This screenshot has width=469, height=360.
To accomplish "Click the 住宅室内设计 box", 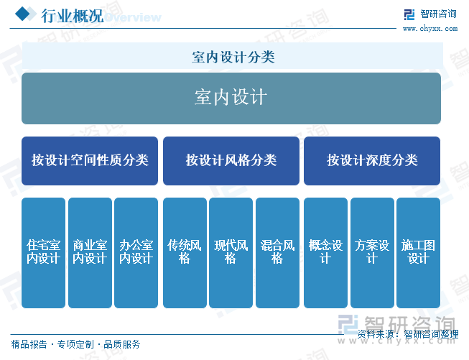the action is click(x=43, y=252).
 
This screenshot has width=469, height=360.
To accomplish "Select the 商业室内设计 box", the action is click(x=90, y=252).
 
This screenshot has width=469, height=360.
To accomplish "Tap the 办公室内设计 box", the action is click(x=136, y=252).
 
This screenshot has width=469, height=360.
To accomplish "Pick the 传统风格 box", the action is click(x=185, y=252).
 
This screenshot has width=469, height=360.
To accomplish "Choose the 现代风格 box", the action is click(x=231, y=252).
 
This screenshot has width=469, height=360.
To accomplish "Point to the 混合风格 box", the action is click(x=277, y=252).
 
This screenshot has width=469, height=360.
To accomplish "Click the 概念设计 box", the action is click(x=326, y=252).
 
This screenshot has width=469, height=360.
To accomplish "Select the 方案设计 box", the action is click(x=372, y=252).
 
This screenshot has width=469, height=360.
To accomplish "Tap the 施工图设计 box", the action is click(x=419, y=252).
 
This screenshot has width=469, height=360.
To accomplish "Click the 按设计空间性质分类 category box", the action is click(x=90, y=161).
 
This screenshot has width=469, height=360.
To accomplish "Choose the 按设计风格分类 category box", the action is click(x=231, y=161).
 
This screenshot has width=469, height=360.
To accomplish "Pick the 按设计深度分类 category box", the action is click(x=372, y=161).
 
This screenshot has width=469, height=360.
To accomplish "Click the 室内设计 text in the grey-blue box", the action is click(x=231, y=97).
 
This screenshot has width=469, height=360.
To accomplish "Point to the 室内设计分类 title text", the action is click(x=233, y=57).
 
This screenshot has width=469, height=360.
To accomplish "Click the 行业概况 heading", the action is click(x=72, y=16).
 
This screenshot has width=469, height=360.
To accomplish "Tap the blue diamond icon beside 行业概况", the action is click(x=23, y=14).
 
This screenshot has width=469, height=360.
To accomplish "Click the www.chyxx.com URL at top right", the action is click(x=430, y=29).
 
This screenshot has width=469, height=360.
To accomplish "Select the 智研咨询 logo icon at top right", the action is click(x=409, y=14).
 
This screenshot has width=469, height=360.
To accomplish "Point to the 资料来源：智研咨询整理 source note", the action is click(x=408, y=334).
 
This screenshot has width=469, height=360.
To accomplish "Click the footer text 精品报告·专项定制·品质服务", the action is click(x=75, y=344).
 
